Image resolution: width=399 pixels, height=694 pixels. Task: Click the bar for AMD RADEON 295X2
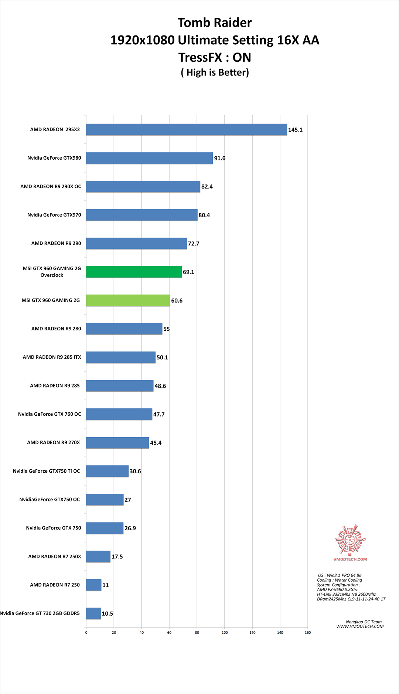(x=187, y=130)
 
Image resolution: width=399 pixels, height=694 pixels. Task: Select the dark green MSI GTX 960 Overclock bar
(x=134, y=272)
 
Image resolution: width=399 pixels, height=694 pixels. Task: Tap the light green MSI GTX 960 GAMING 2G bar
(x=128, y=300)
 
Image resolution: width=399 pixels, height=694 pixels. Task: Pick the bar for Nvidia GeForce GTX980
(x=150, y=158)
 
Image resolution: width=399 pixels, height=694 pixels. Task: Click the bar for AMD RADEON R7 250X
(x=98, y=557)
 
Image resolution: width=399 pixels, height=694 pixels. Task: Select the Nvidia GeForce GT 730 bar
(x=93, y=613)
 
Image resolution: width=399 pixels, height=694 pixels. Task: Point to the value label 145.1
(x=295, y=130)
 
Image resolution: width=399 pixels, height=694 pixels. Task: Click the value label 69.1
(x=188, y=272)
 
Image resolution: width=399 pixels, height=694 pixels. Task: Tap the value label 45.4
(x=156, y=443)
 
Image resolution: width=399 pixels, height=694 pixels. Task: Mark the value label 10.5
(x=107, y=613)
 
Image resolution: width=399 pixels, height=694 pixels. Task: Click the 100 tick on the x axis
(x=225, y=632)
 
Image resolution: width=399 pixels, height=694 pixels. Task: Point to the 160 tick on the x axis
(x=308, y=632)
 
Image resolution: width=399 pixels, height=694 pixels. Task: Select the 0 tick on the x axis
(x=86, y=632)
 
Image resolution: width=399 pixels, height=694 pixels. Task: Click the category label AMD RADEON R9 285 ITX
(x=52, y=357)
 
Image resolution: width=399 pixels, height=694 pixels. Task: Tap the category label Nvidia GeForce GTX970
(x=54, y=215)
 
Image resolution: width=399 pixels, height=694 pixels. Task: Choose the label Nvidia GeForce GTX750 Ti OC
(x=46, y=471)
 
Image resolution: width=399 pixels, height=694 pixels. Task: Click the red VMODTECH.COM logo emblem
(x=350, y=540)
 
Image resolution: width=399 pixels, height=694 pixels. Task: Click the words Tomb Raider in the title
(x=215, y=23)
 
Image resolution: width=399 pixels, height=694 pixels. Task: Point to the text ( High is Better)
(x=215, y=72)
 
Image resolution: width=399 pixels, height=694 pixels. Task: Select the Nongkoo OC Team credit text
(x=364, y=622)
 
